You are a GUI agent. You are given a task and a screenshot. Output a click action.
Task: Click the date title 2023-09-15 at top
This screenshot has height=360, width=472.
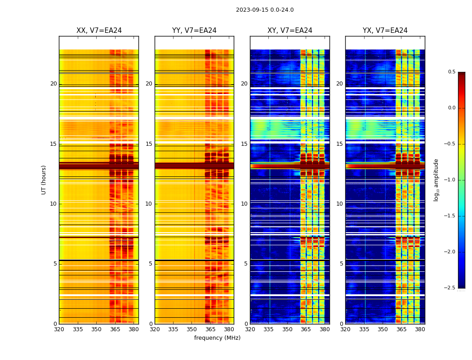pos(264,10)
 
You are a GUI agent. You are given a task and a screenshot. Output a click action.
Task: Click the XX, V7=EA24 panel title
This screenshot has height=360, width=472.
pos(99,31)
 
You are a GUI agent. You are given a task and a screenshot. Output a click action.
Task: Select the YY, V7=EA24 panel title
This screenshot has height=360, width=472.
pos(194,31)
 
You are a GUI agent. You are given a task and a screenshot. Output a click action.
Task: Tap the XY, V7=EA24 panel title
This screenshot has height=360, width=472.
pos(290,31)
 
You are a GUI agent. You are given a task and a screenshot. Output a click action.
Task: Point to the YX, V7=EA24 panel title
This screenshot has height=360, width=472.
pos(385,31)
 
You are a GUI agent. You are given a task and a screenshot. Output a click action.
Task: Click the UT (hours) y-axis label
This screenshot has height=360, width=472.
pos(44,180)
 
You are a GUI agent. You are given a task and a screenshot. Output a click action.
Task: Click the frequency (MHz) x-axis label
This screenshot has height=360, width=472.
pos(217,338)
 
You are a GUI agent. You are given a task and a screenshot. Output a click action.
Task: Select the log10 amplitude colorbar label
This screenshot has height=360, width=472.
pos(436,180)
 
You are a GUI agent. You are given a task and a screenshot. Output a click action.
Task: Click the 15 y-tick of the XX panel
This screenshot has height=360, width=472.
pos(53,144)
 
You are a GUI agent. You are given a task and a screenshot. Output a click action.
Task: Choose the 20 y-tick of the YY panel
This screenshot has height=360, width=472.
pos(149,84)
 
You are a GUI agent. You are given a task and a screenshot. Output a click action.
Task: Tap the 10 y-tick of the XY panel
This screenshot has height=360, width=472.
pos(244,204)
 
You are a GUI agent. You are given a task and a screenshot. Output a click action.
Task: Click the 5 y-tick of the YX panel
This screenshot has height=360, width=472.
pos(341,264)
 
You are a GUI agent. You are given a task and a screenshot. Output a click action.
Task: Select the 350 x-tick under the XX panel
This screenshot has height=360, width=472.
pos(96,329)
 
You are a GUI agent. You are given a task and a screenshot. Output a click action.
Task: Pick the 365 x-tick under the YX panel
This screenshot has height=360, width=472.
pos(401,329)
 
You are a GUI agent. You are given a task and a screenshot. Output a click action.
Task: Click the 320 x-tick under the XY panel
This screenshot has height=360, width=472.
pos(250,329)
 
